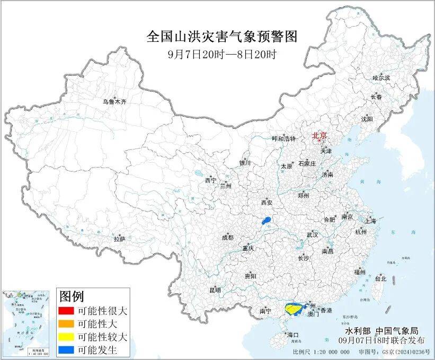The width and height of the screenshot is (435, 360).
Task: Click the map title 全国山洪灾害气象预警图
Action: [221, 36]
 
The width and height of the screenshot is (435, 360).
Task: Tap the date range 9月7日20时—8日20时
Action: [221, 54]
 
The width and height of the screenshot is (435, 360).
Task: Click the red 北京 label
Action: [319, 136]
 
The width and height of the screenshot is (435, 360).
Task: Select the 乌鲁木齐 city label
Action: [115, 101]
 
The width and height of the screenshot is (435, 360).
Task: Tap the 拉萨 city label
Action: [119, 239]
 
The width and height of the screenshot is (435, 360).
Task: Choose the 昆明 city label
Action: [215, 290]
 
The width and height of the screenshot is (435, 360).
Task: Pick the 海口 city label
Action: [293, 335]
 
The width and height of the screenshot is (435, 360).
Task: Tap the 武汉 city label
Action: [312, 234]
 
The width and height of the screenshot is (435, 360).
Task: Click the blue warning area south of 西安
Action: [268, 220]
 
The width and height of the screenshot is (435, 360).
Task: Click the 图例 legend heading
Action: [71, 295]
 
